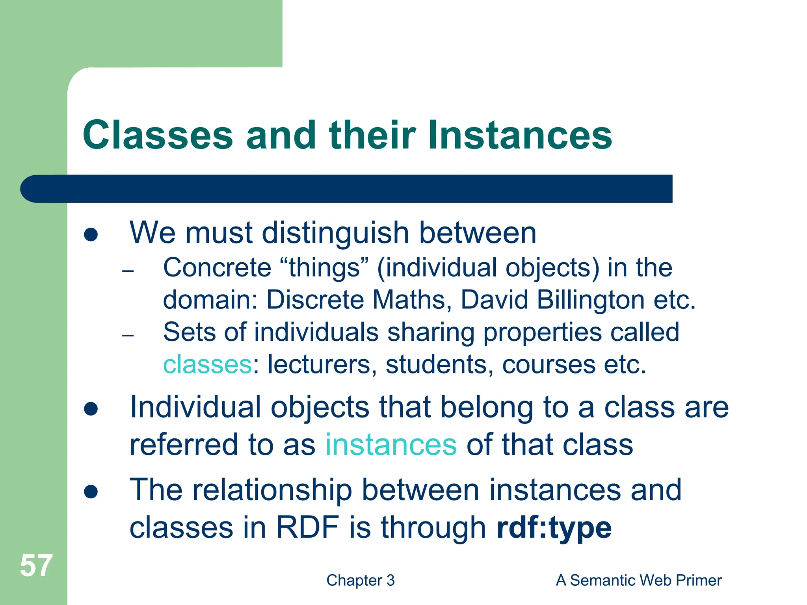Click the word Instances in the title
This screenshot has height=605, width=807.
click(x=520, y=135)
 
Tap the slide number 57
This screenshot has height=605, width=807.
click(x=36, y=566)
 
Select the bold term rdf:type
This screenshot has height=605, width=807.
click(x=554, y=527)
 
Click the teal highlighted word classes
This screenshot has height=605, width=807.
click(x=207, y=364)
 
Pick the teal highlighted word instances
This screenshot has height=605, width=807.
click(x=391, y=445)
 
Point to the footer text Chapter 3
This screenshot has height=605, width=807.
click(x=361, y=580)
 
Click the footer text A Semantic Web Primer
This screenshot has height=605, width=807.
click(x=638, y=580)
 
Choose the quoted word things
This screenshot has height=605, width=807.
click(x=325, y=268)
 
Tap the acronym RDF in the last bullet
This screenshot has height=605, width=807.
click(x=307, y=527)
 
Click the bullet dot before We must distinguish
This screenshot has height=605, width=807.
click(x=91, y=235)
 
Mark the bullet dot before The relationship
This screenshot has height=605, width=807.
click(x=91, y=492)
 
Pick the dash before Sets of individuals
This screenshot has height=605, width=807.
click(x=128, y=336)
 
